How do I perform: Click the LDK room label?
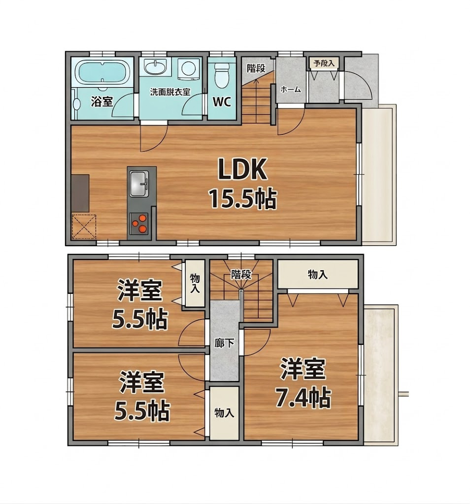[243, 169]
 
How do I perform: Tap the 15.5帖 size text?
[243, 199]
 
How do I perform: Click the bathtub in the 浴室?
[102, 72]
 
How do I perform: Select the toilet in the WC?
[221, 75]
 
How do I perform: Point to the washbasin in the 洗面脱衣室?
[155, 67]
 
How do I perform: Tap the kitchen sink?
[139, 184]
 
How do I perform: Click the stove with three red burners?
[139, 223]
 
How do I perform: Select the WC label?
[222, 102]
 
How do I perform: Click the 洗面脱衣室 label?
[170, 92]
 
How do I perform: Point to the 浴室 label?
[101, 102]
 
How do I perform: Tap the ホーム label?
[291, 90]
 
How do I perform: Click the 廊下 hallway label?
[224, 343]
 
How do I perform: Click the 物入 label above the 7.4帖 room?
[318, 275]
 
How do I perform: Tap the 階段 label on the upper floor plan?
[256, 68]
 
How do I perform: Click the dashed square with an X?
[84, 226]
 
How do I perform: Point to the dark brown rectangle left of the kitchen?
[80, 193]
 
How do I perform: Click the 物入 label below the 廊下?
[224, 413]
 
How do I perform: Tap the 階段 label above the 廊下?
[241, 275]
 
